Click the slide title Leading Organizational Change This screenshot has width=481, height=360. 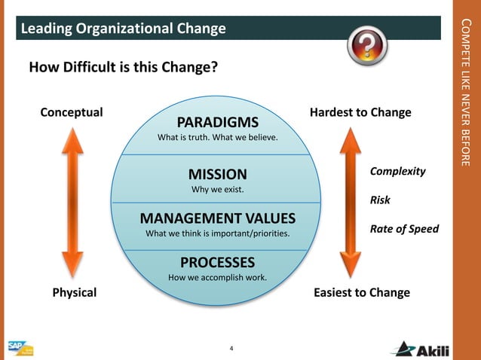click(123, 29)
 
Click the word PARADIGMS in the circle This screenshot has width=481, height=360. click(217, 122)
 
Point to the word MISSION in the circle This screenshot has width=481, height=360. click(217, 174)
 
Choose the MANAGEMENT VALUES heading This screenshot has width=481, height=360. click(217, 218)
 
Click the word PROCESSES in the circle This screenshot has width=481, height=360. click(217, 263)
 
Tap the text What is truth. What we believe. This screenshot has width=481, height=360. click(217, 138)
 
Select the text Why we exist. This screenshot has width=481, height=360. click(217, 188)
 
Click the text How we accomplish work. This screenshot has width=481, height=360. click(217, 278)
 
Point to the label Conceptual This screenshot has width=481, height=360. click(71, 112)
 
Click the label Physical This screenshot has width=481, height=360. click(74, 292)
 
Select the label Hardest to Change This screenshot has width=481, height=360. click(360, 112)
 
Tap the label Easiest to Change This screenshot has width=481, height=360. click(361, 292)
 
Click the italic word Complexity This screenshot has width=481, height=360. click(397, 171)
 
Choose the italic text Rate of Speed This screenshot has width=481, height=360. click(403, 229)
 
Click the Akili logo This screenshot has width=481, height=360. click(423, 349)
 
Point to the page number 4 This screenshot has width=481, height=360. click(231, 348)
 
